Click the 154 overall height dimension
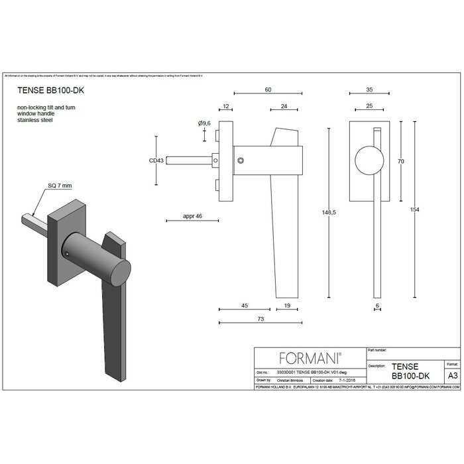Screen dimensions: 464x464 [415, 209]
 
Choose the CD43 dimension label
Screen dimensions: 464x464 [156, 160]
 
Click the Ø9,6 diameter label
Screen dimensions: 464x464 [205, 123]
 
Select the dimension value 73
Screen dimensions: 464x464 [261, 319]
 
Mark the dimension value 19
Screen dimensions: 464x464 [287, 306]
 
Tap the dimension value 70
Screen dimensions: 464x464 [400, 161]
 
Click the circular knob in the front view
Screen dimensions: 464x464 [368, 160]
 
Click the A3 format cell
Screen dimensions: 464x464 [452, 375]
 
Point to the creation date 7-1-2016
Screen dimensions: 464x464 [345, 382]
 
